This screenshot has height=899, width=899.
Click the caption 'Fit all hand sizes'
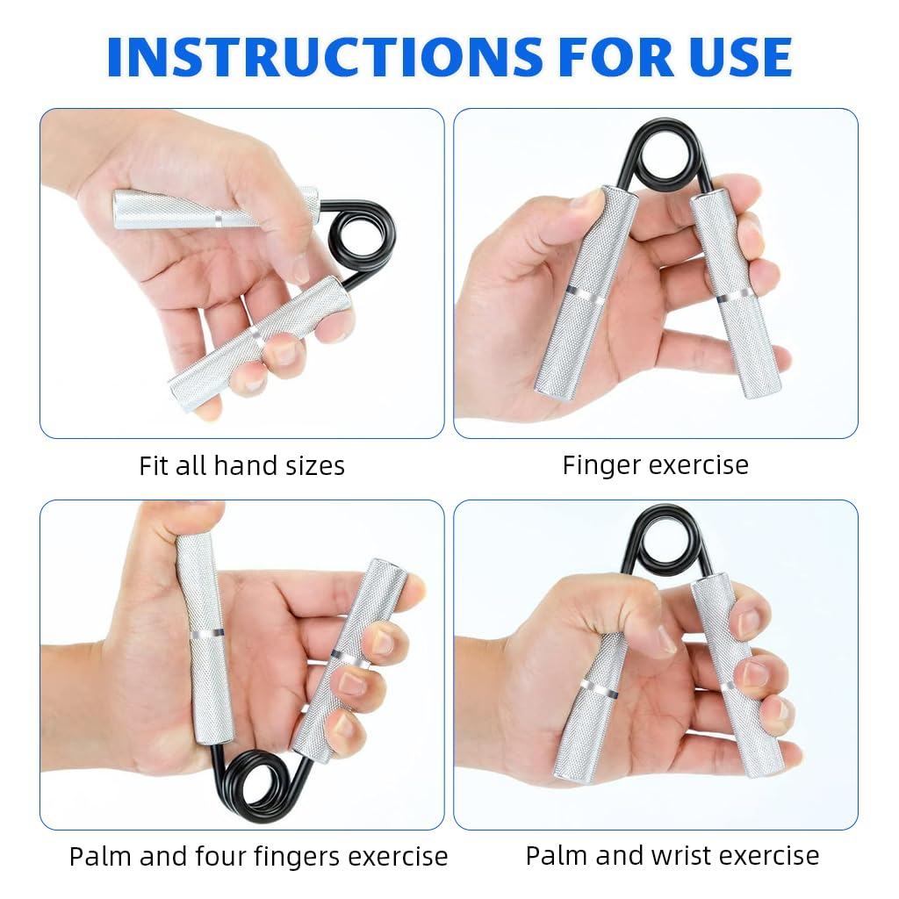coord(241,465)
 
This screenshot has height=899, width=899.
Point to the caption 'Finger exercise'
coord(655,465)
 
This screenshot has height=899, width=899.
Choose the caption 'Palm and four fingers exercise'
coord(258,856)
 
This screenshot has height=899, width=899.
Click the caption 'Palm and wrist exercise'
coord(672,855)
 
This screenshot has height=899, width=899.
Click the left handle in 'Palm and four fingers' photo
coord(205,636)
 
